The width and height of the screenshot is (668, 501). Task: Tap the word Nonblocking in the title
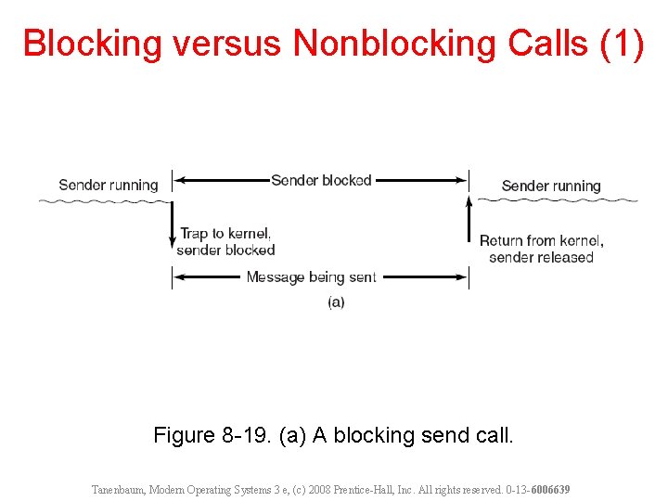tap(393, 44)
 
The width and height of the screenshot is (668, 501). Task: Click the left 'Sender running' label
tap(109, 185)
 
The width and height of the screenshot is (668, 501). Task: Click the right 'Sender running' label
tap(551, 186)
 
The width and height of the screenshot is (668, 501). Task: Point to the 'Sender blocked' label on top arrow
tap(321, 180)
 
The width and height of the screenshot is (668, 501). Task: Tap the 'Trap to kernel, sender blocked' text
tap(225, 241)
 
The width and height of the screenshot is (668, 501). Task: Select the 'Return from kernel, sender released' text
tap(541, 249)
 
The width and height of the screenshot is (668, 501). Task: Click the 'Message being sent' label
tap(312, 276)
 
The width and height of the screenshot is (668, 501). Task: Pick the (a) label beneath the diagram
tap(336, 302)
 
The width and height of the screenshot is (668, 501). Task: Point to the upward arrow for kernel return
tap(469, 219)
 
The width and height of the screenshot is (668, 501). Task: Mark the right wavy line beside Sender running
tap(557, 199)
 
